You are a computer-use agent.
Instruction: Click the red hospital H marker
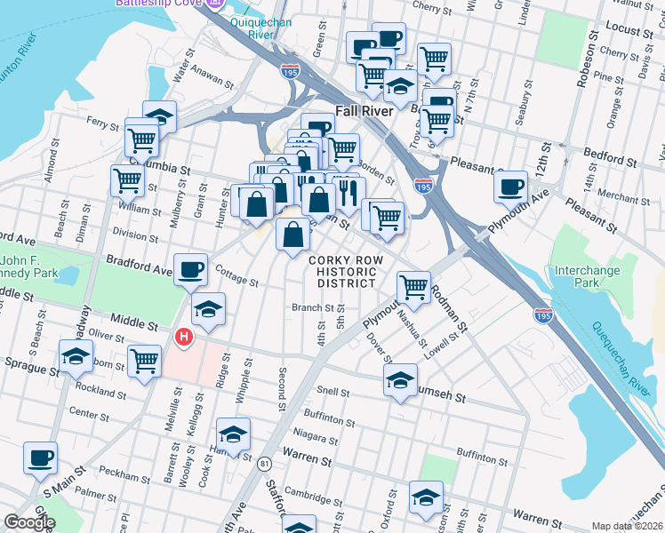click(184, 337)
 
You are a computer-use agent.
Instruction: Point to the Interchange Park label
click(586, 275)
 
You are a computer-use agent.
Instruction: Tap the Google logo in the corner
click(29, 522)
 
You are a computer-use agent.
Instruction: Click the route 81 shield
click(264, 463)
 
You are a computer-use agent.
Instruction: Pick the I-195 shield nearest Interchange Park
click(543, 314)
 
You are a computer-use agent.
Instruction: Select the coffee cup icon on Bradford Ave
click(191, 269)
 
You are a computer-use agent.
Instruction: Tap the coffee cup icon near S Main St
click(40, 458)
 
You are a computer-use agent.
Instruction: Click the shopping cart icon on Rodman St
click(413, 287)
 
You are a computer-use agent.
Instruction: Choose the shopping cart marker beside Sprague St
click(144, 361)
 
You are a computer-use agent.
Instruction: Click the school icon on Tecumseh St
click(400, 380)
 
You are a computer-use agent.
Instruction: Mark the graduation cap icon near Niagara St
click(233, 434)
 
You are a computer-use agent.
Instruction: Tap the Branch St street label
click(311, 308)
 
